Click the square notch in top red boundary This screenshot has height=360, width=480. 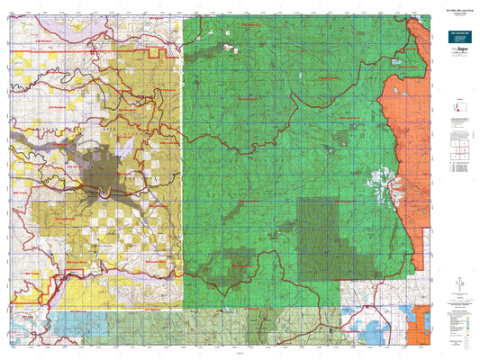coord(162,55)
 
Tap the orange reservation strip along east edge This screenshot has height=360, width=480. coord(410,135)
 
